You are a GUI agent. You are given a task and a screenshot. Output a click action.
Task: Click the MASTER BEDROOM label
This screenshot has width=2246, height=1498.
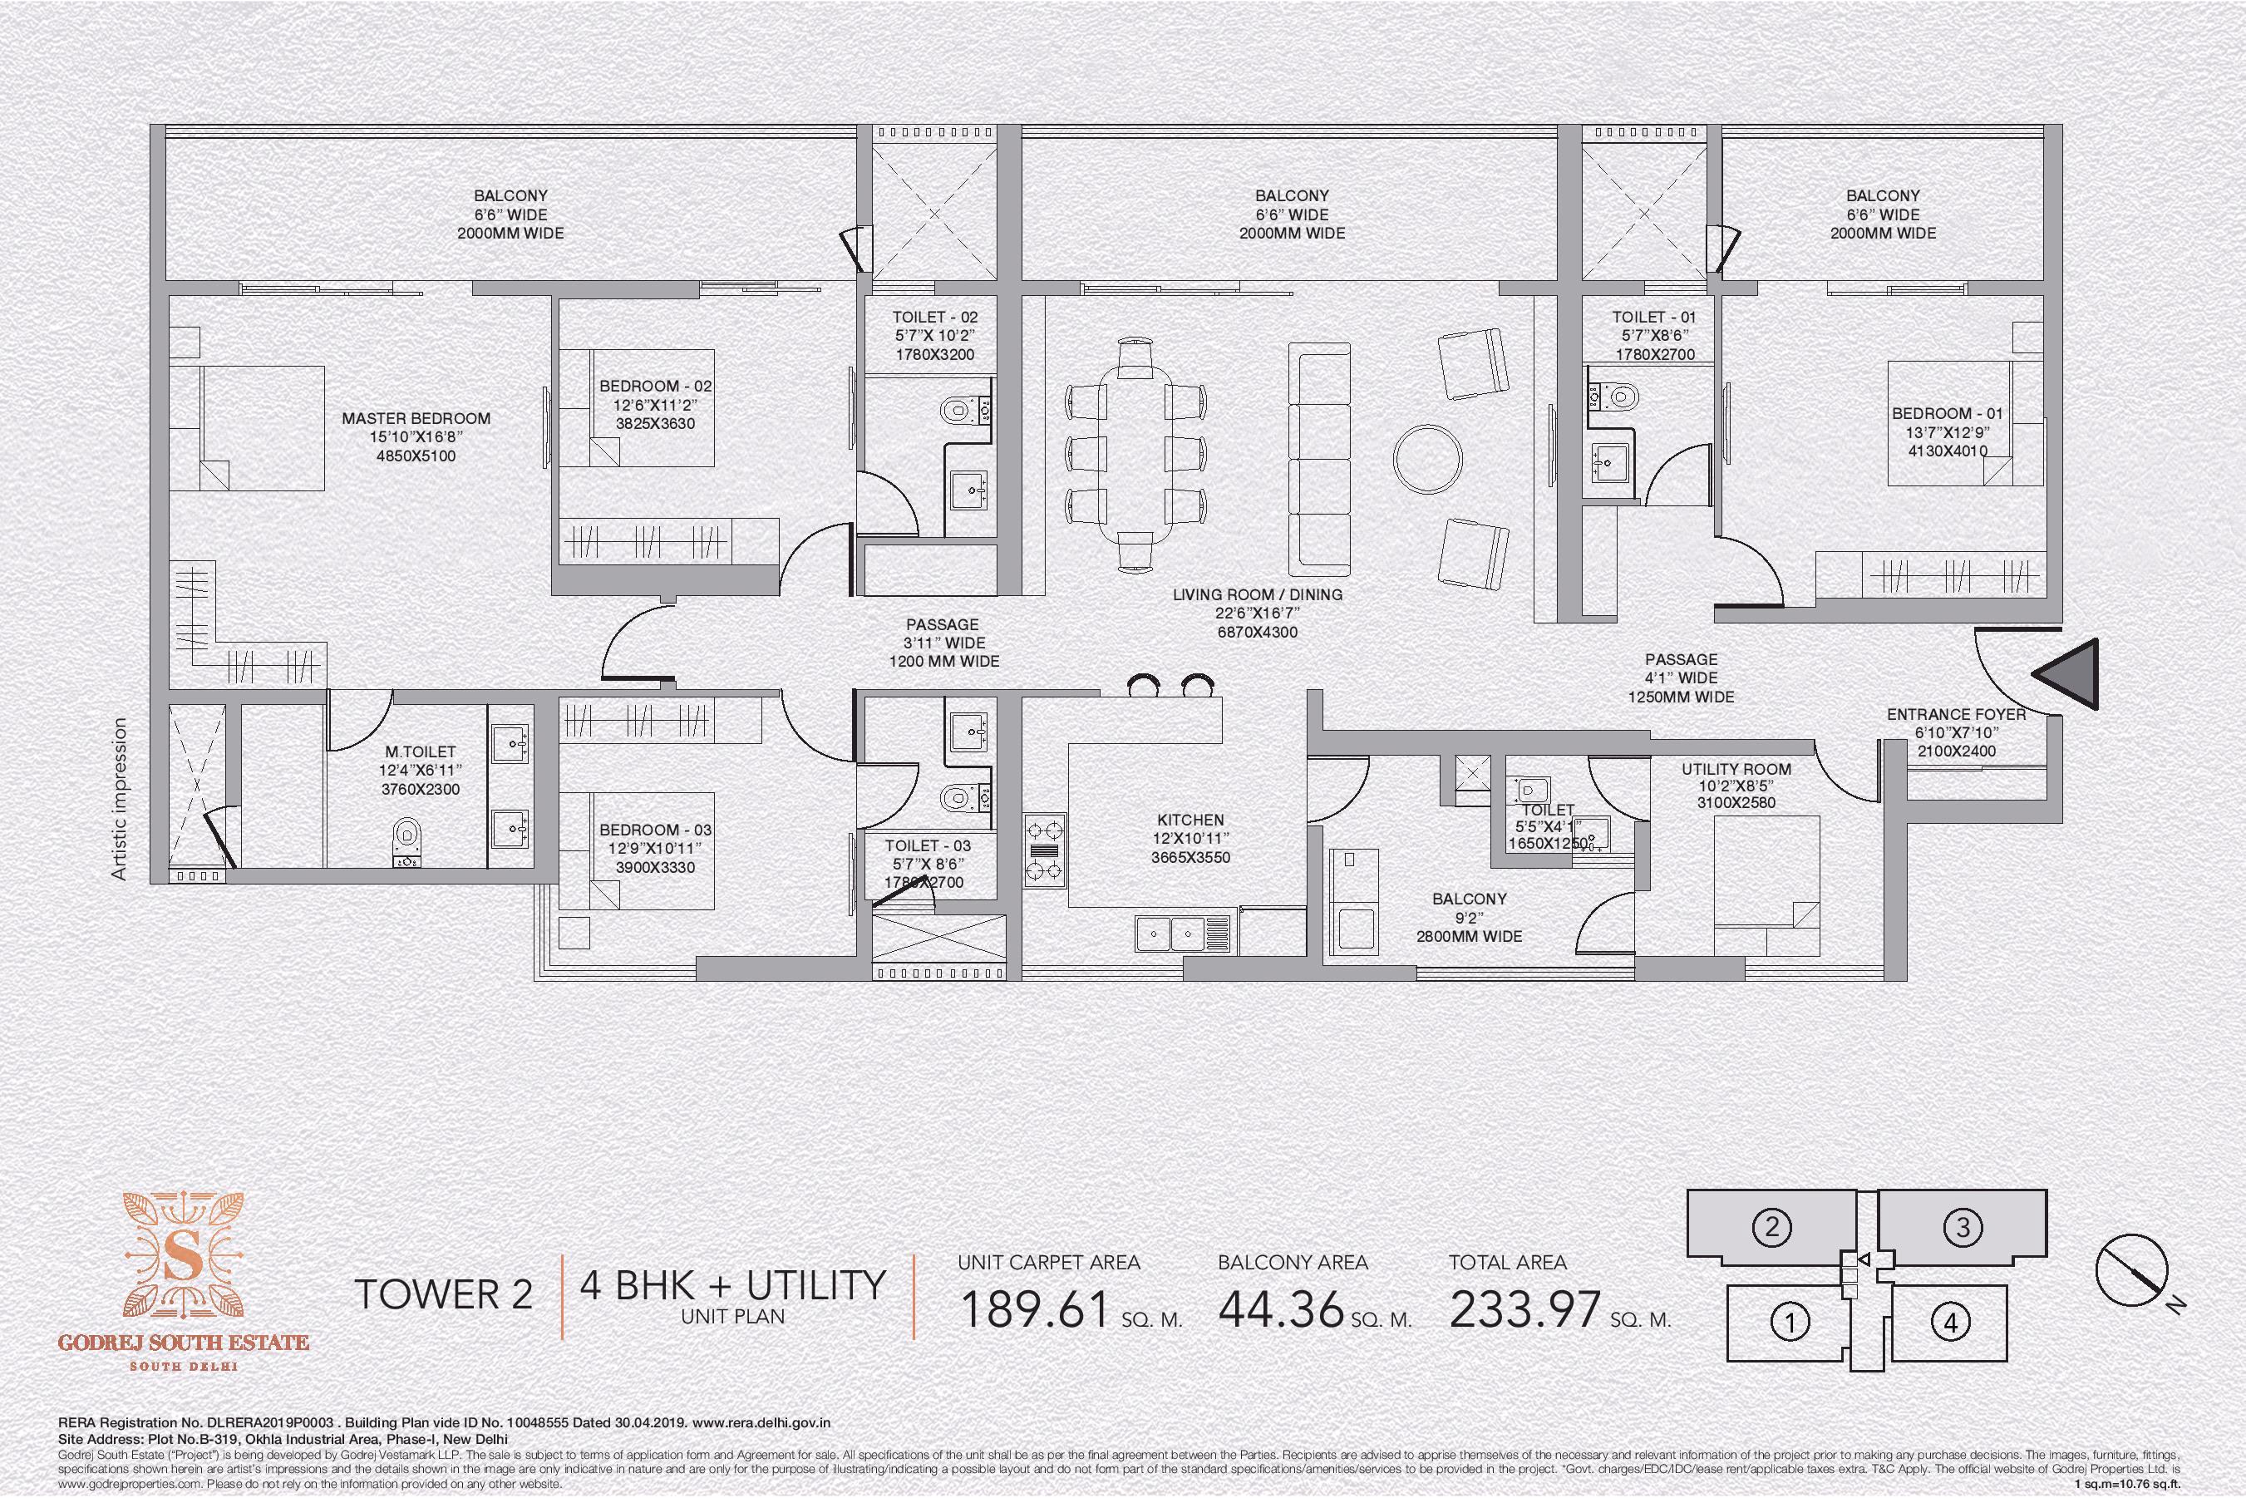[x=416, y=418]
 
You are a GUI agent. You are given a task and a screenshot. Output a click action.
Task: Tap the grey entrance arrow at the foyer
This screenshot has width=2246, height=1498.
[x=2067, y=674]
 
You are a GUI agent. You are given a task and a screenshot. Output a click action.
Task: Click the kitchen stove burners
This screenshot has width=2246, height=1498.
[x=1044, y=850]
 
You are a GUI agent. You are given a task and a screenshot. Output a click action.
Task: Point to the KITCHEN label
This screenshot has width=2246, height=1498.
[x=1189, y=820]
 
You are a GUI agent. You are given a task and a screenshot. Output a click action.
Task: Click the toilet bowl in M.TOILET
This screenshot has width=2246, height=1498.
[x=408, y=838]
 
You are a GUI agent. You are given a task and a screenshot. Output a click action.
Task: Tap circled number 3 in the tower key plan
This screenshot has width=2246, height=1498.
[x=1963, y=1227]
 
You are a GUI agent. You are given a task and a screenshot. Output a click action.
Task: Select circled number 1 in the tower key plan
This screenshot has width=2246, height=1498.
[x=1790, y=1323]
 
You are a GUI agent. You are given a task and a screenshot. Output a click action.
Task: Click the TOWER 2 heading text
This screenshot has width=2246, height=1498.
[x=443, y=1294]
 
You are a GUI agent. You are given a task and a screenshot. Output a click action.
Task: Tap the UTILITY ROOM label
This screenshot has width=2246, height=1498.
[x=1736, y=769]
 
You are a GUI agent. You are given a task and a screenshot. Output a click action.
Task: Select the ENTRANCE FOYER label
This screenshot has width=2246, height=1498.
[x=1956, y=715]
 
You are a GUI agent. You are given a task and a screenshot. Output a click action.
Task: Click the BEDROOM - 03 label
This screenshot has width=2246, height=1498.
[x=654, y=830]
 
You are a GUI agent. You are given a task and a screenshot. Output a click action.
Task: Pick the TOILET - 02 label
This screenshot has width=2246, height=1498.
[x=934, y=318]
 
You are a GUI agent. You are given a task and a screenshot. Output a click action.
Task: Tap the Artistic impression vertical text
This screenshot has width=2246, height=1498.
[x=120, y=799]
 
